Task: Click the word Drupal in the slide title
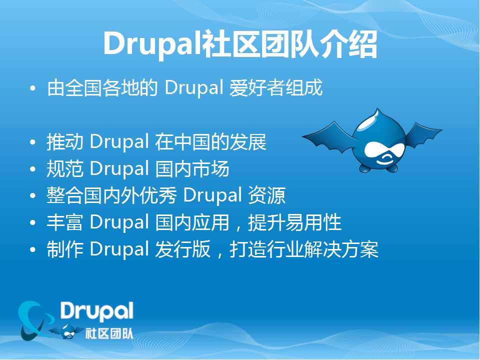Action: pos(152,44)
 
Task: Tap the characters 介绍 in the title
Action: pos(348,44)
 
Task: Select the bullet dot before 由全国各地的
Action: pos(33,88)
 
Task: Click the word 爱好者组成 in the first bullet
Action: pos(276,88)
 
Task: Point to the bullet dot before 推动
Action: pos(33,142)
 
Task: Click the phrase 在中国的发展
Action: pos(210,142)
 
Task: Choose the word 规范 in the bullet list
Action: pos(65,168)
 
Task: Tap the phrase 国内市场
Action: pos(192,168)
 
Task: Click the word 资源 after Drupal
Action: pos(266,195)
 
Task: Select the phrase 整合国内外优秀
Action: pos(111,195)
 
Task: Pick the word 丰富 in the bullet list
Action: pos(65,222)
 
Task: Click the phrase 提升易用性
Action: pos(294,222)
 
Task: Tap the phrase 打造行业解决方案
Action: pos(304,249)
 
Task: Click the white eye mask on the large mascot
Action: pos(384,150)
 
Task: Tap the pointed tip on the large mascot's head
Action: pos(378,109)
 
